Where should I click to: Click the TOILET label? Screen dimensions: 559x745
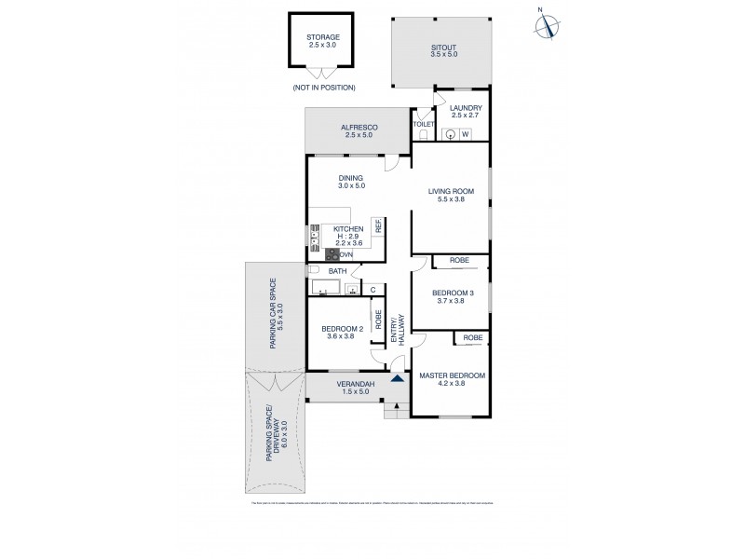coord(424,124)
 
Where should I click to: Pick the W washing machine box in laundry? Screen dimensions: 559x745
coord(464,133)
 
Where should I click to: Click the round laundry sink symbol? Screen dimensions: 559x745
coord(450,133)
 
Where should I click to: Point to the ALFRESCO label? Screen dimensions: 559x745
coord(358,130)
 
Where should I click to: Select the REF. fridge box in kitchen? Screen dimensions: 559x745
coord(378,225)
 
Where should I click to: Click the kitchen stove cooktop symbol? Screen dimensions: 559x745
coord(332,254)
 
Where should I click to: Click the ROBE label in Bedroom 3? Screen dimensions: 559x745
coord(458,260)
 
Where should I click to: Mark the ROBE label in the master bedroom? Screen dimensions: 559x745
coord(472,337)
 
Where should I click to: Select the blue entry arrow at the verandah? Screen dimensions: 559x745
coord(398,378)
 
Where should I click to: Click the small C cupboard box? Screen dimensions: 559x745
coord(372,289)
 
